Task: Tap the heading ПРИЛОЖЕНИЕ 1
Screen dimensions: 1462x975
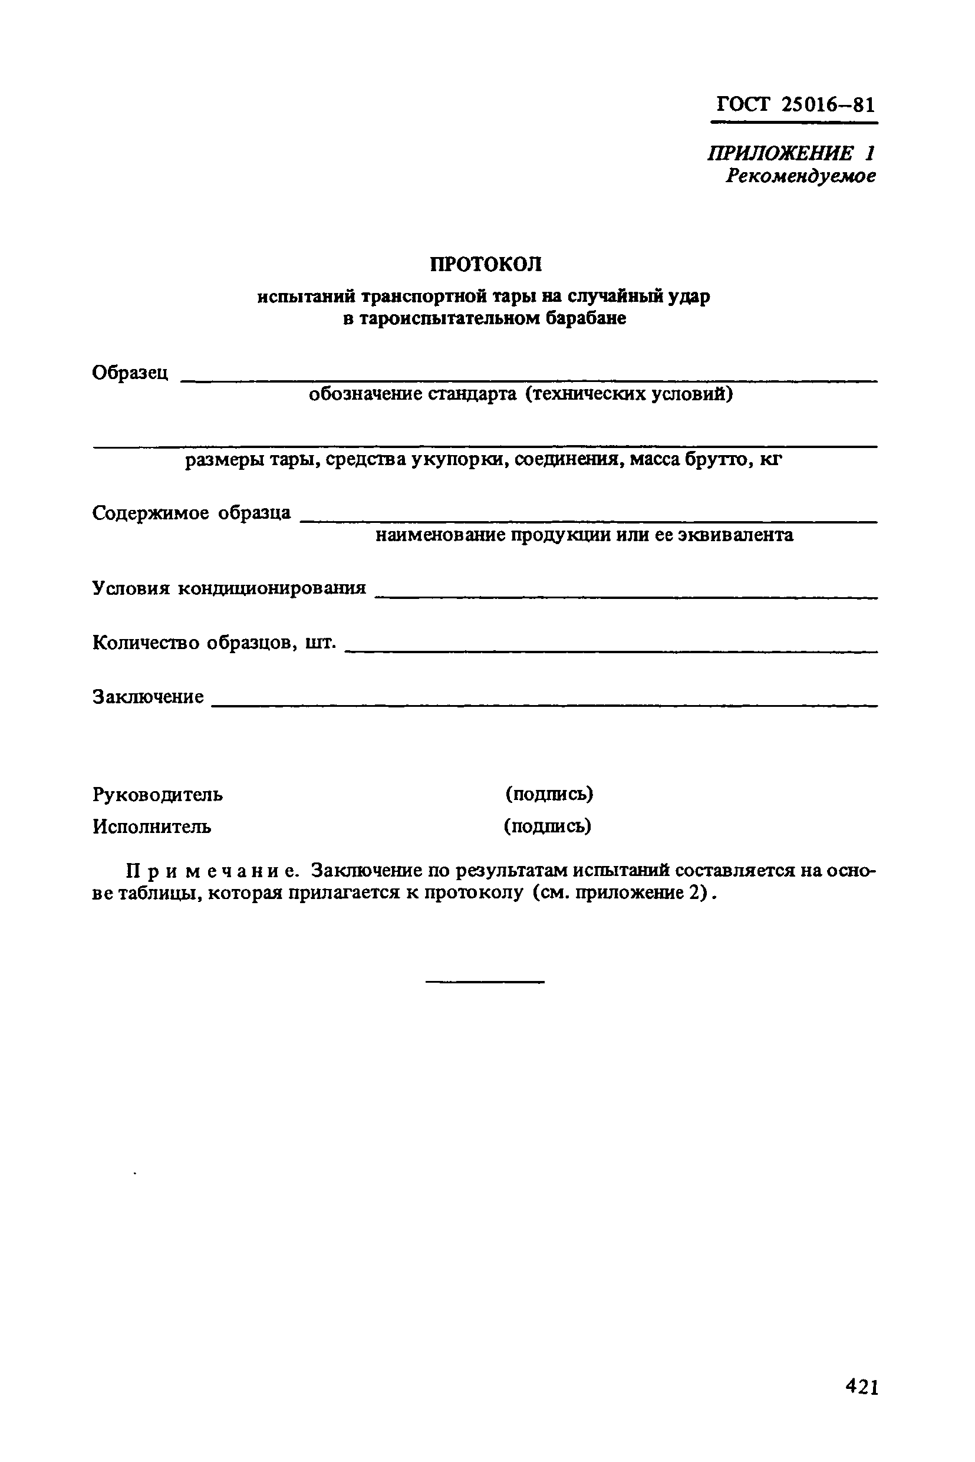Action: pyautogui.click(x=791, y=153)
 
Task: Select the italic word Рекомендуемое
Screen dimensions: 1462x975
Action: pyautogui.click(x=801, y=177)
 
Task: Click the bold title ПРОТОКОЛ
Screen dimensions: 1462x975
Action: pyautogui.click(x=486, y=264)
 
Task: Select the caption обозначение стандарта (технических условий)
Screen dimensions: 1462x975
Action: pyautogui.click(x=521, y=394)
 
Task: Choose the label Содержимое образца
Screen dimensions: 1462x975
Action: pyautogui.click(x=192, y=512)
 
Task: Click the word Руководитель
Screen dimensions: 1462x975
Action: pyautogui.click(x=158, y=794)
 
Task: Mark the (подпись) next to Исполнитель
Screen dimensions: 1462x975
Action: pyautogui.click(x=547, y=826)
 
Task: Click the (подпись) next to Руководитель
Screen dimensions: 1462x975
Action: pyautogui.click(x=549, y=793)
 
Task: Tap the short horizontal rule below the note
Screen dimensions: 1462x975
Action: pyautogui.click(x=485, y=982)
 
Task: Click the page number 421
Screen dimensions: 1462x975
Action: pyautogui.click(x=862, y=1404)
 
